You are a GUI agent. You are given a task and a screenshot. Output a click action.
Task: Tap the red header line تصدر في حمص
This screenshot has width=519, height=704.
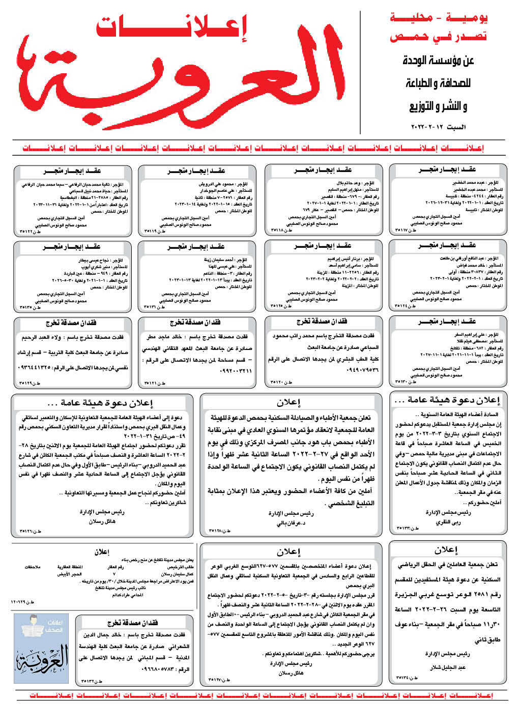pyautogui.click(x=438, y=37)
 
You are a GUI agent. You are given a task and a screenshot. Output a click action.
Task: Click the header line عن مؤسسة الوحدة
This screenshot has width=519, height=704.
pyautogui.click(x=438, y=61)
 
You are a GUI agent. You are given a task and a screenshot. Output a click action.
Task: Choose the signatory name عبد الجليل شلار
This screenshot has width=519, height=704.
pyautogui.click(x=448, y=667)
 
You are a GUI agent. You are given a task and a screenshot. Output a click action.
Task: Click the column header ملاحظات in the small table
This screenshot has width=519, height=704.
pyautogui.click(x=33, y=567)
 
